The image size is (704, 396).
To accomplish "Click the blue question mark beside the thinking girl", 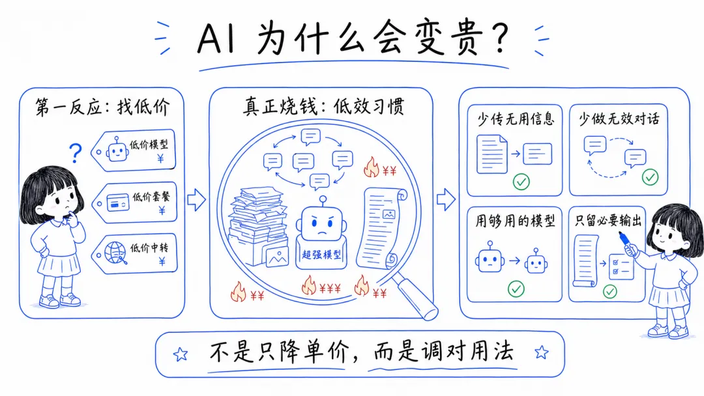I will pyautogui.click(x=76, y=153).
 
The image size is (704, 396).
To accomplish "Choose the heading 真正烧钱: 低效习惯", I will pyautogui.click(x=323, y=106).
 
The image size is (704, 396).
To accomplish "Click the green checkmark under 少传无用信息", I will pyautogui.click(x=521, y=181).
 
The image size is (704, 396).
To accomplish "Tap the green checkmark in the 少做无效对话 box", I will pyautogui.click(x=650, y=177).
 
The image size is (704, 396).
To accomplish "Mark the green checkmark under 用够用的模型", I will pyautogui.click(x=516, y=288).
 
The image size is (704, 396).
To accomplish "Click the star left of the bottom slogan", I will pyautogui.click(x=181, y=354).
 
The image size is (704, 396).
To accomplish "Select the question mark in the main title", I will pyautogui.click(x=497, y=38).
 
